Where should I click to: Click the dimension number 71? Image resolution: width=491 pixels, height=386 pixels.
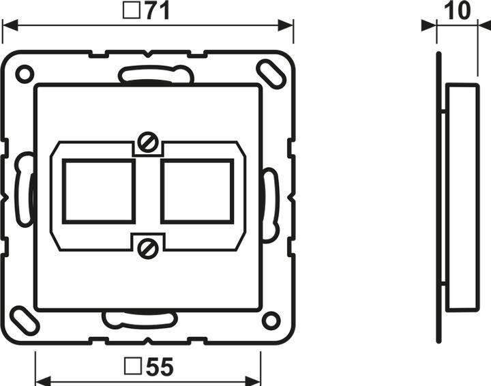click(x=157, y=11)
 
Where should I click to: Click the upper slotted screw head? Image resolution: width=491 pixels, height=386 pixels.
click(x=148, y=143)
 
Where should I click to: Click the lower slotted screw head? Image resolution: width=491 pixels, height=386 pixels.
click(x=148, y=248)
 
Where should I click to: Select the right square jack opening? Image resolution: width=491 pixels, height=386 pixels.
click(x=198, y=191)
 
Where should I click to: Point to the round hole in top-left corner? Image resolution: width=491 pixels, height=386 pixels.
click(x=24, y=73)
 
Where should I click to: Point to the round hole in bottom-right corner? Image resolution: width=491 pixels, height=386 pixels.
click(x=271, y=319)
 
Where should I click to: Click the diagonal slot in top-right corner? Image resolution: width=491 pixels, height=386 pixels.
click(x=271, y=74)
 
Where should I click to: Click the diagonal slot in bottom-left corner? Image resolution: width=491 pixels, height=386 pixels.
click(x=25, y=319)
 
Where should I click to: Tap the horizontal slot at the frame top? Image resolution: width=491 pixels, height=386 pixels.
click(x=156, y=74)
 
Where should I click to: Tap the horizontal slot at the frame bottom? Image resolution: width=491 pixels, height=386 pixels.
click(x=139, y=318)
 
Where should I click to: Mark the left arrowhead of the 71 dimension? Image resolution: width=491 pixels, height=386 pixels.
click(x=8, y=26)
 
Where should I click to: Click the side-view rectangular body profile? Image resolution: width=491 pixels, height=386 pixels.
click(x=462, y=196)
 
